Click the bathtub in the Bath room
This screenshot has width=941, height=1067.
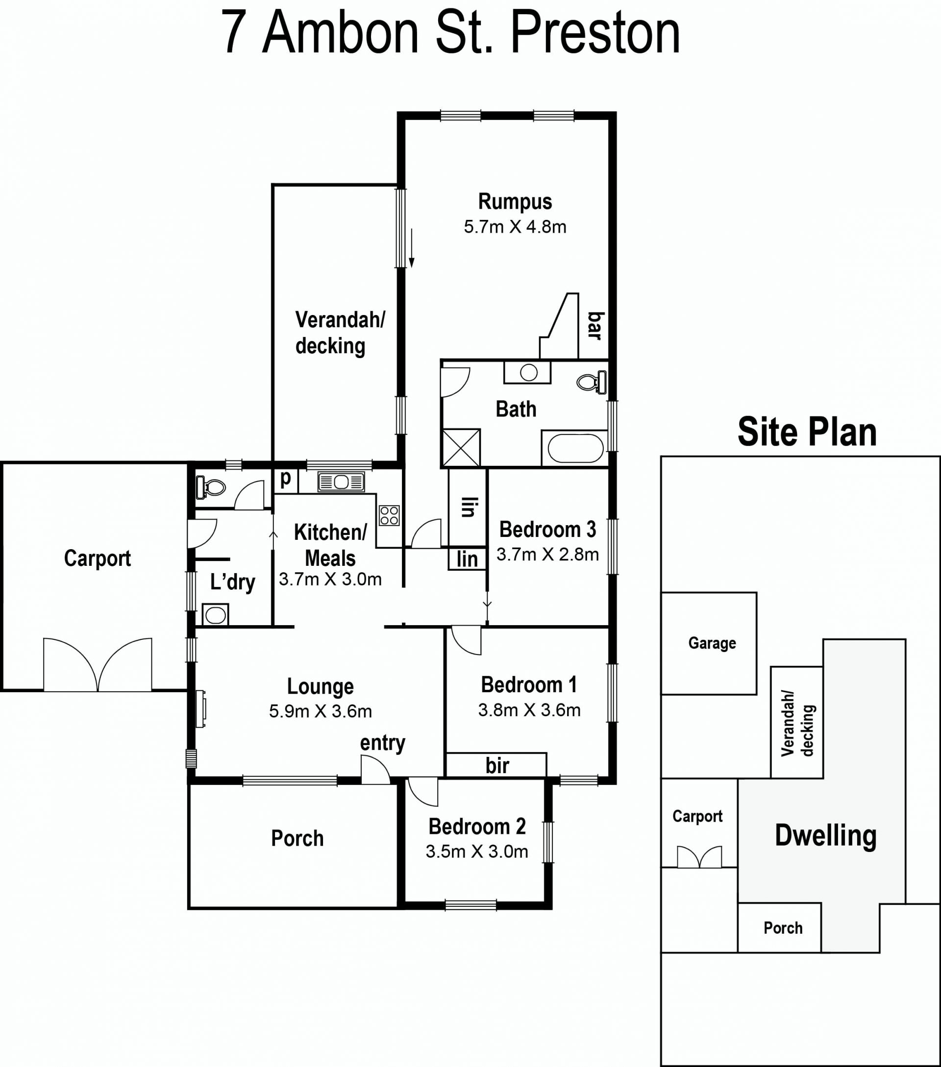click(x=575, y=448)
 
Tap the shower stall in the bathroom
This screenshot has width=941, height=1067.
click(x=461, y=447)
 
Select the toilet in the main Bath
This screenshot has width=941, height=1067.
click(x=592, y=382)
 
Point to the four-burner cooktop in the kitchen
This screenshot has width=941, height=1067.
click(x=389, y=515)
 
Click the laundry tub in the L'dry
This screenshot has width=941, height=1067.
click(x=215, y=615)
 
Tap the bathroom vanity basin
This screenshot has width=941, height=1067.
click(x=527, y=372)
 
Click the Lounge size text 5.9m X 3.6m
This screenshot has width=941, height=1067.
click(x=320, y=711)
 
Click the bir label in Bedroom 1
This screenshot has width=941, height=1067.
click(x=496, y=766)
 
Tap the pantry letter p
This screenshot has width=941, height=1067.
click(x=286, y=479)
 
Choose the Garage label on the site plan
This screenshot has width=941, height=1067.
click(x=712, y=643)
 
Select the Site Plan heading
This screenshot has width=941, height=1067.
click(x=807, y=432)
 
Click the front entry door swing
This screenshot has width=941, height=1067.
click(x=375, y=770)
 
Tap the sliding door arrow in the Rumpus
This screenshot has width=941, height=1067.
click(x=412, y=248)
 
